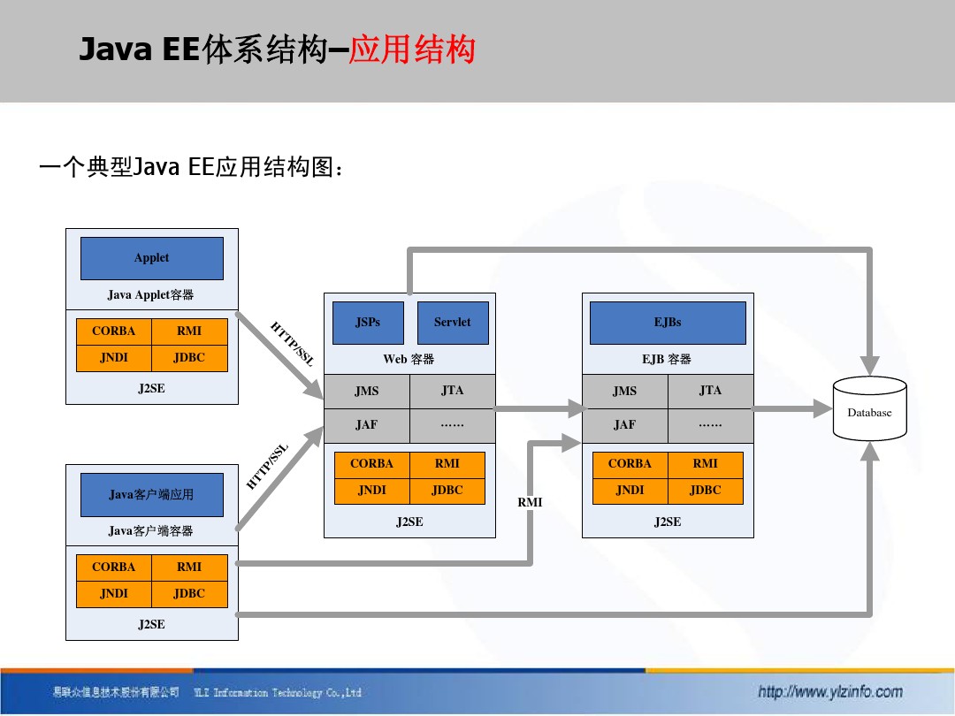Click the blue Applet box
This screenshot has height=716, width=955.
pyautogui.click(x=151, y=258)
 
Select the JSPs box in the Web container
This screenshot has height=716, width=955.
pyautogui.click(x=368, y=323)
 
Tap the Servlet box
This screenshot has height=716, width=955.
pyautogui.click(x=452, y=323)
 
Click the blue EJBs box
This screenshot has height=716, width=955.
pyautogui.click(x=668, y=323)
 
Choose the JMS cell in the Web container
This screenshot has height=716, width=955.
pyautogui.click(x=366, y=391)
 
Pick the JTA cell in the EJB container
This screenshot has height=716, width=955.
pyautogui.click(x=710, y=391)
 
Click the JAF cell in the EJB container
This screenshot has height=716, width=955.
pyautogui.click(x=624, y=425)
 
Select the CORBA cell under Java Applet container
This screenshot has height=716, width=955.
pyautogui.click(x=114, y=331)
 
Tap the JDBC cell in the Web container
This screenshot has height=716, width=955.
pyautogui.click(x=447, y=491)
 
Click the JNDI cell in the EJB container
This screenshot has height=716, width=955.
pyautogui.click(x=630, y=491)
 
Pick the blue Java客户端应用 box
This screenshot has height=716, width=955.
pyautogui.click(x=151, y=495)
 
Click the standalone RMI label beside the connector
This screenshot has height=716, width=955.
pyautogui.click(x=530, y=503)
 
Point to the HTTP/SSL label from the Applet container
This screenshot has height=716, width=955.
pyautogui.click(x=291, y=345)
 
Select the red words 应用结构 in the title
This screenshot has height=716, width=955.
pyautogui.click(x=412, y=50)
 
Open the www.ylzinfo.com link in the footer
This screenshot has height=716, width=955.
pyautogui.click(x=830, y=692)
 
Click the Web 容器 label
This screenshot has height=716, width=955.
pyautogui.click(x=409, y=360)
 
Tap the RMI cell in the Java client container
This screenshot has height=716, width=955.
pyautogui.click(x=189, y=567)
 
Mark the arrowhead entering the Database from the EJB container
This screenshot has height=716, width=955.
pyautogui.click(x=824, y=409)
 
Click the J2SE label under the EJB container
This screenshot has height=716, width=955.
pyautogui.click(x=668, y=522)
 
